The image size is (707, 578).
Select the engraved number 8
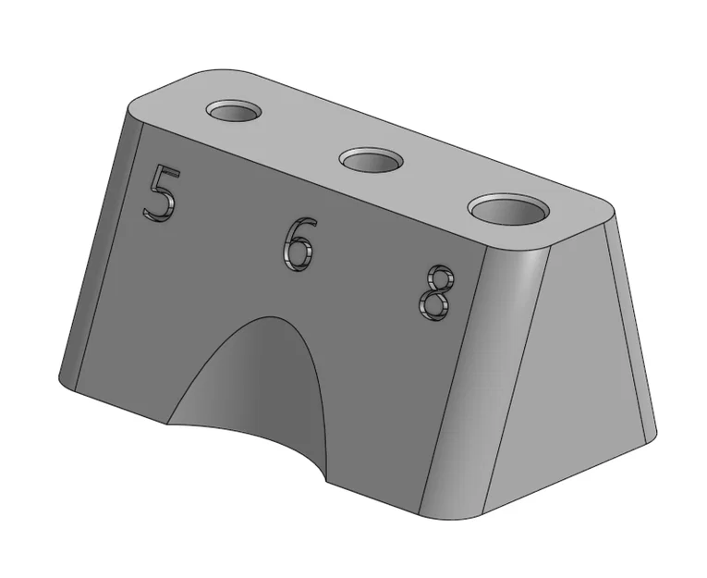pyautogui.click(x=435, y=292)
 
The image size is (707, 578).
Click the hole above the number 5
pyautogui.click(x=234, y=111)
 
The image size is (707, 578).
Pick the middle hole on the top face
pyautogui.click(x=372, y=159)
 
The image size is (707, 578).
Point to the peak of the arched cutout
pyautogui.click(x=271, y=317)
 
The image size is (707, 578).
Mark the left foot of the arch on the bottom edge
pyautogui.click(x=167, y=424)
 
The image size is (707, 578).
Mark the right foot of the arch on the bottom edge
pyautogui.click(x=326, y=482)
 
